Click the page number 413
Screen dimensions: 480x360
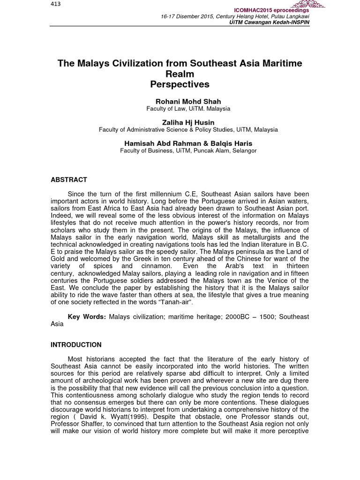coord(55,4)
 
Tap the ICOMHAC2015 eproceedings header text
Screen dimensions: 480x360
coord(272,10)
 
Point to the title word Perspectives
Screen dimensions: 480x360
coord(180,84)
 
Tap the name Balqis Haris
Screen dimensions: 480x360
coord(232,143)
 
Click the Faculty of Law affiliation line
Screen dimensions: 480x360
coord(188,109)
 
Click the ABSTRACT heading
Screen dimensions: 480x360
coord(68,180)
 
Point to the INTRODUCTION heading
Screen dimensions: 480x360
coord(76,345)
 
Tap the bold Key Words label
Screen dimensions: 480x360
coord(87,317)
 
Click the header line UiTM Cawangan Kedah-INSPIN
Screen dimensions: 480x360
coord(269,22)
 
